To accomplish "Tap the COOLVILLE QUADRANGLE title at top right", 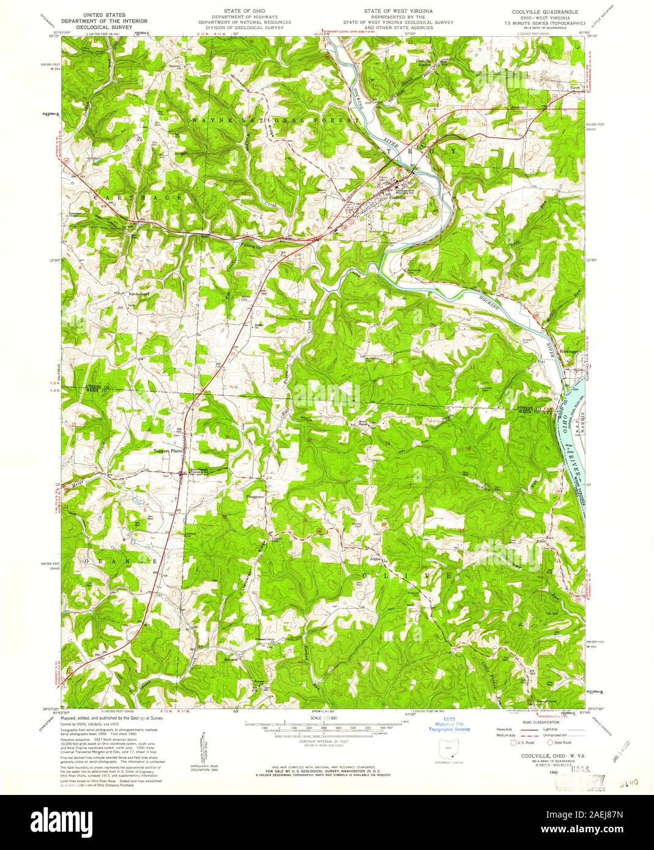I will [537, 12].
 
